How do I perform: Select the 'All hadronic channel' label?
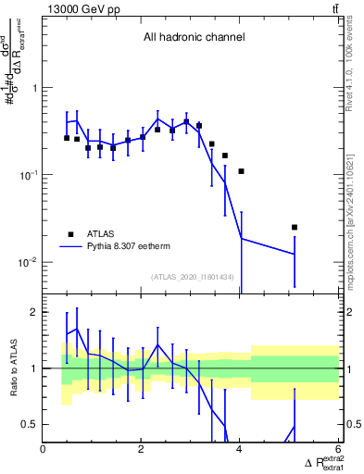pos(194,38)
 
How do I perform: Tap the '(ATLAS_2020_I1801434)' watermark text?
pos(193,278)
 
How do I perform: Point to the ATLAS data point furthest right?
pos(294,227)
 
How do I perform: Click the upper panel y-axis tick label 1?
pos(34,89)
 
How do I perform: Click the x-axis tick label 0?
pos(44,449)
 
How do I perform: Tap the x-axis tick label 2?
pos(141,449)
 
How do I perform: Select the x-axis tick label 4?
pos(239,449)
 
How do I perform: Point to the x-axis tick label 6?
pos(337,449)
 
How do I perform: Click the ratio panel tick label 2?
pos(34,313)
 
